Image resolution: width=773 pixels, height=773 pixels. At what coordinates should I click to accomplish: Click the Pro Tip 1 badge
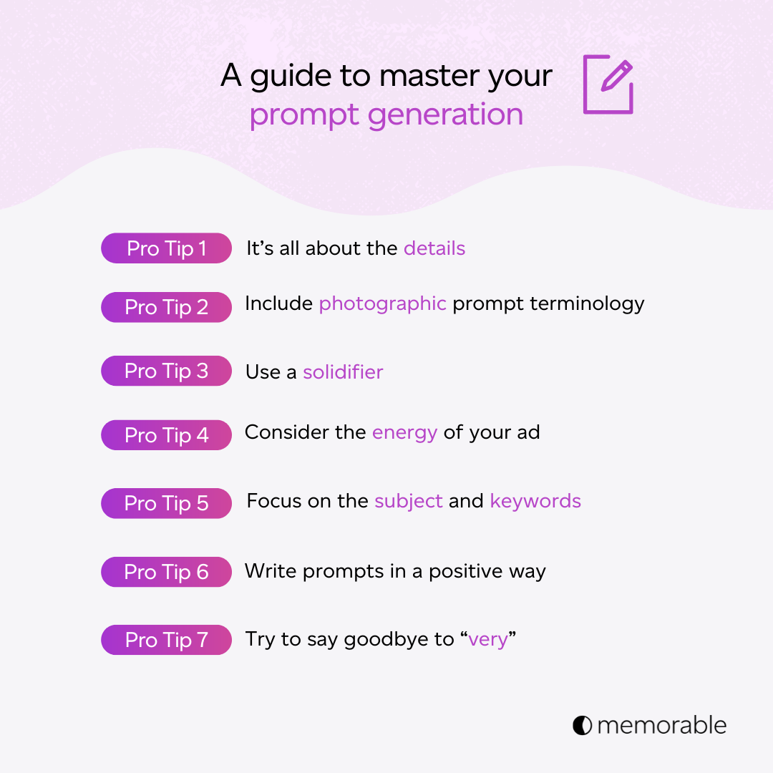pyautogui.click(x=166, y=248)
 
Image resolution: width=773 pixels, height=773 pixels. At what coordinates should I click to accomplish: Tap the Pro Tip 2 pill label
pyautogui.click(x=166, y=307)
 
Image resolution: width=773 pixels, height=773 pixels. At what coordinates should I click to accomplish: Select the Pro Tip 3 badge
pyautogui.click(x=166, y=371)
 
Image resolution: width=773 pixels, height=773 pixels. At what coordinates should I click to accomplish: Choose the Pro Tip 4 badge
pyautogui.click(x=166, y=435)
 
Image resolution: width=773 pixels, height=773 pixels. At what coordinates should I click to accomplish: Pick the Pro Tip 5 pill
pyautogui.click(x=166, y=503)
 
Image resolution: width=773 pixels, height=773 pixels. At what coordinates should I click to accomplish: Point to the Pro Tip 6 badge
pyautogui.click(x=166, y=572)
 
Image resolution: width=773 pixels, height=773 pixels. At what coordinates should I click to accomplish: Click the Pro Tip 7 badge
pyautogui.click(x=166, y=640)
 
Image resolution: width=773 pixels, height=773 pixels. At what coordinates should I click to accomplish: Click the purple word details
pyautogui.click(x=434, y=248)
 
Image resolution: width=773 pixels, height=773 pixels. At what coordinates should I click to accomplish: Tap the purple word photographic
pyautogui.click(x=382, y=304)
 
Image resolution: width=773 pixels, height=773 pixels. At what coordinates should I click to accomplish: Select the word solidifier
pyautogui.click(x=343, y=372)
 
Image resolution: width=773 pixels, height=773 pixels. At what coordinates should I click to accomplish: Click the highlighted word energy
pyautogui.click(x=404, y=433)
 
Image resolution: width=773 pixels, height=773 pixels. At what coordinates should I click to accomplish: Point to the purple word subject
pyautogui.click(x=408, y=501)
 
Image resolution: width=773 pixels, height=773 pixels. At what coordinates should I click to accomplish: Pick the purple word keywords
pyautogui.click(x=535, y=501)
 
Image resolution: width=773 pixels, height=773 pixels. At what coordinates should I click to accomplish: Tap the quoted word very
pyautogui.click(x=488, y=639)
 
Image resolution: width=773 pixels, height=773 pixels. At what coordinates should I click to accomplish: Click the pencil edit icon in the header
pyautogui.click(x=608, y=84)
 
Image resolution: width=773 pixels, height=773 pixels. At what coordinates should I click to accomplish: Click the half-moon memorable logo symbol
pyautogui.click(x=582, y=725)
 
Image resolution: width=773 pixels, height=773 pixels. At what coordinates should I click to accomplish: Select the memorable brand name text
pyautogui.click(x=661, y=725)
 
